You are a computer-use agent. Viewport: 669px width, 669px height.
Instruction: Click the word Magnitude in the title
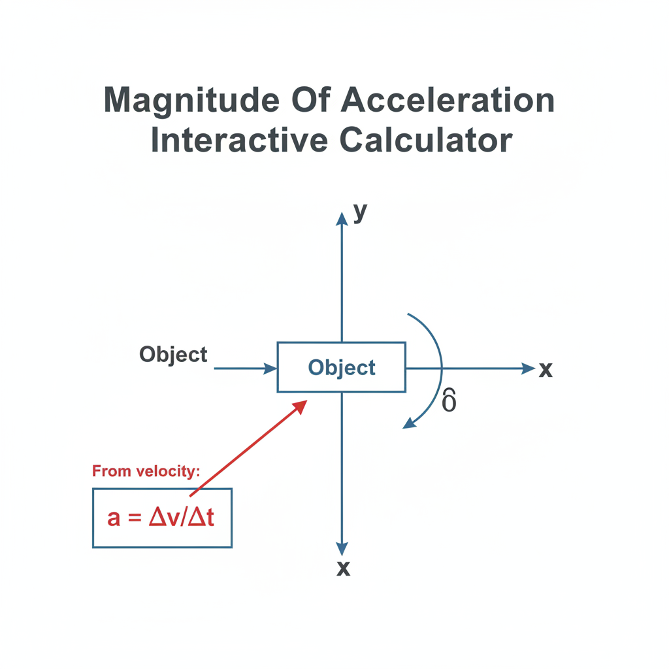191,101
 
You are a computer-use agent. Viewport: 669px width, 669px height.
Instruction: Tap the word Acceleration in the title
448,100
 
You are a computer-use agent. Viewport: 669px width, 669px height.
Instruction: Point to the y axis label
360,212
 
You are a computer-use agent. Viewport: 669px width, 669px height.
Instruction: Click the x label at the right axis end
546,369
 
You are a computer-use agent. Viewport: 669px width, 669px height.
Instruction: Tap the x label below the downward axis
344,568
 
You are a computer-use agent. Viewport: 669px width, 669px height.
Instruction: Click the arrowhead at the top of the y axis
342,218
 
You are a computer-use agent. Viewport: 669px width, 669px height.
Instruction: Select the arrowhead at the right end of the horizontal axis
529,368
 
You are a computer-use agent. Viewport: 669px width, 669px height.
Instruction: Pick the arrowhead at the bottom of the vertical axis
342,549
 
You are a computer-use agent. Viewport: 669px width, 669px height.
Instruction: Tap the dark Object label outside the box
173,355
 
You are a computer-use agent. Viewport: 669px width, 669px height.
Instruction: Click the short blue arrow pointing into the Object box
246,368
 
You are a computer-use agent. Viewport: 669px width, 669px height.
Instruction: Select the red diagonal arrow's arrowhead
300,406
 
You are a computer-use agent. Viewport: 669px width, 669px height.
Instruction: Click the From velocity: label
146,471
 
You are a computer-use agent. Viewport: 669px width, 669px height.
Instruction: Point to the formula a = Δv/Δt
161,518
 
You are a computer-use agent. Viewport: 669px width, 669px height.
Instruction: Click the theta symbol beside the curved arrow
449,400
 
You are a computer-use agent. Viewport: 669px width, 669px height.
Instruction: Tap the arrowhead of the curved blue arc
410,423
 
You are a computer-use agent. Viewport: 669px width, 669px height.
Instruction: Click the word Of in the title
311,100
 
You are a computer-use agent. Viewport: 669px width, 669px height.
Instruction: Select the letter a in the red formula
114,519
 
